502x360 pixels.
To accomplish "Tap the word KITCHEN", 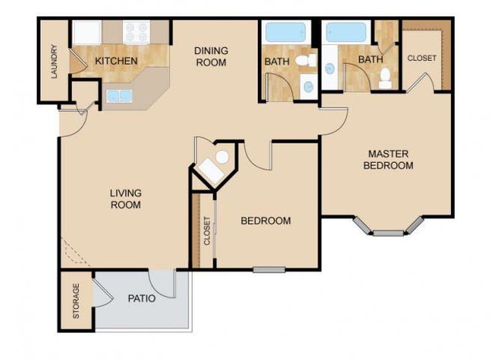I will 117,61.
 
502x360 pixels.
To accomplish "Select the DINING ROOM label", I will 211,56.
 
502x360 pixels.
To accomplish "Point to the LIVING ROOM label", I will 125,199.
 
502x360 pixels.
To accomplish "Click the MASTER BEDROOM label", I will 390,159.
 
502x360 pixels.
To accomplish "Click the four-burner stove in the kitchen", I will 137,32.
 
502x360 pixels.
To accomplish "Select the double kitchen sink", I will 119,97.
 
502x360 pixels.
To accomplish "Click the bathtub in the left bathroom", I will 284,32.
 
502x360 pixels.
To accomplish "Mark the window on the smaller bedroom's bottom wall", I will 269,270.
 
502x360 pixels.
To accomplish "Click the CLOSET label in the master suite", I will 422,58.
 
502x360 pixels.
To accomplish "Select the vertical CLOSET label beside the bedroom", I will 207,230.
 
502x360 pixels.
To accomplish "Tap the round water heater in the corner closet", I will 221,157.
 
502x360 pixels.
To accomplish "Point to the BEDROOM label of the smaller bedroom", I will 266,221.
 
